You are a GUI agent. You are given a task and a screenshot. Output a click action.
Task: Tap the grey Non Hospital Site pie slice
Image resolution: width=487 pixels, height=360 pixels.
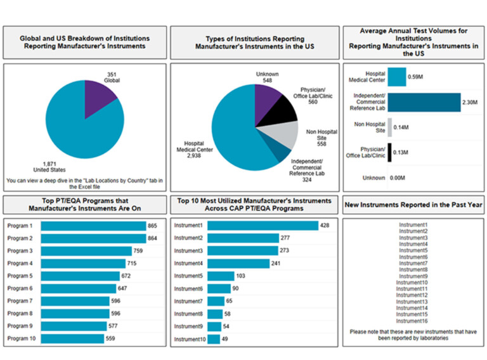(286, 134)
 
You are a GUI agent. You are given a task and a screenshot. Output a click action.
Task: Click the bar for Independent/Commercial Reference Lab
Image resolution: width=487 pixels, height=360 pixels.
(424, 102)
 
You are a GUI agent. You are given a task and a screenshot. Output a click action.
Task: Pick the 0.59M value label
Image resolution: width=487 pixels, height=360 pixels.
(416, 77)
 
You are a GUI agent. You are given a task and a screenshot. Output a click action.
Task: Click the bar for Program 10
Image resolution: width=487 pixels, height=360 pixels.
(72, 338)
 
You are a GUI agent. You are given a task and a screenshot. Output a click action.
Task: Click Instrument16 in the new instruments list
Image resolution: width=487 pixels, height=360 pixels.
(413, 321)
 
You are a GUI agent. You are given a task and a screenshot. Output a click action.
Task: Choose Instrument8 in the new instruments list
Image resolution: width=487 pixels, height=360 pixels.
(413, 269)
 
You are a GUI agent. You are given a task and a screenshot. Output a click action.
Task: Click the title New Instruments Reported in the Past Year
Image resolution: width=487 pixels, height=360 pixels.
(413, 204)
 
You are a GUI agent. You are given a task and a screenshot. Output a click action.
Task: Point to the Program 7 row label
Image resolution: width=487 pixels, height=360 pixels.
(20, 301)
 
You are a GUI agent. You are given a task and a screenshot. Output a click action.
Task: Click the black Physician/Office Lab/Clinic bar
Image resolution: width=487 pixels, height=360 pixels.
(389, 152)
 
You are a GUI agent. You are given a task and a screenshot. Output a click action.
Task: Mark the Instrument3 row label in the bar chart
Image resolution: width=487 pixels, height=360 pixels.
(189, 251)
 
